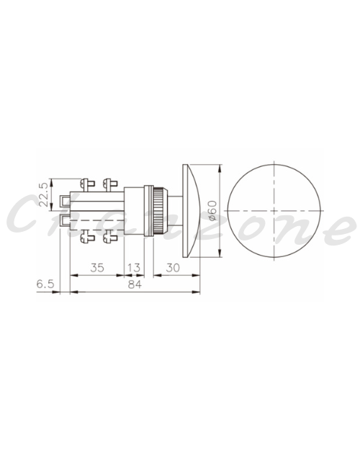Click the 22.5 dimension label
pos(43,195)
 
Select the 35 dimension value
pos(97,268)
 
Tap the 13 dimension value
pos(134,268)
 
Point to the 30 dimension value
pos(173,268)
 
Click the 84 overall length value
pos(135,284)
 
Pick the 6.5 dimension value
pos(45,284)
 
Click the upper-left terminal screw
pos(87,184)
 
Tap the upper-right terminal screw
pos(110,184)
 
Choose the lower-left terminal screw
pos(87,237)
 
